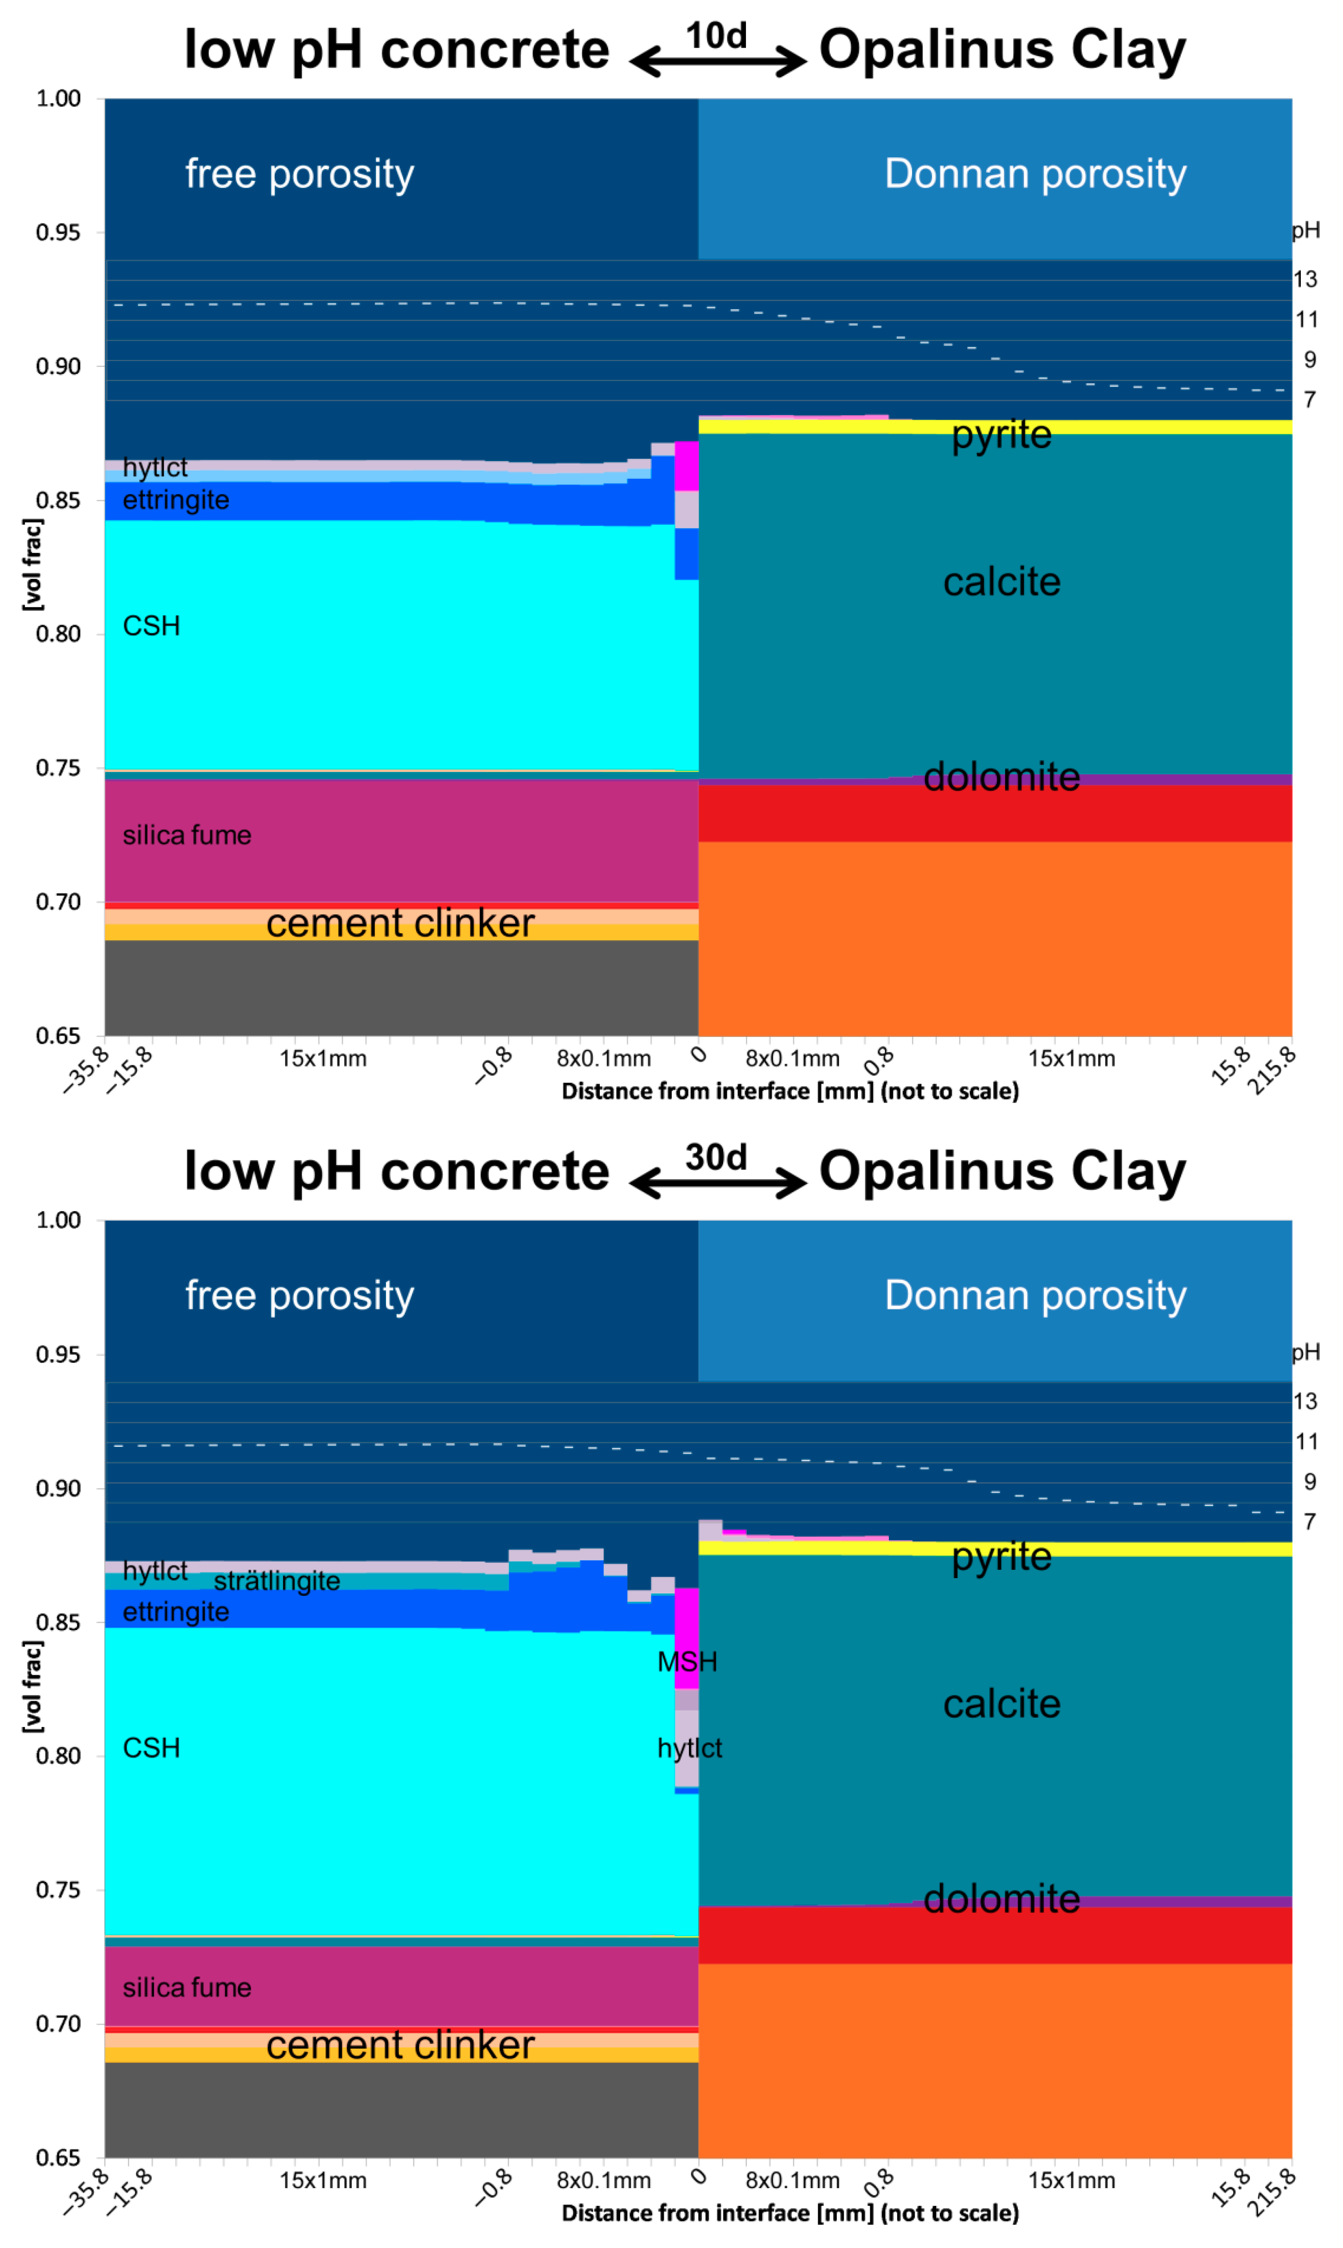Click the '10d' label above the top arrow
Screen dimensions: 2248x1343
716,36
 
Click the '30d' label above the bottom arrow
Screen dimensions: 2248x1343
716,1157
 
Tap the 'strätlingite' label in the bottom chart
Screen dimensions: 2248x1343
277,1581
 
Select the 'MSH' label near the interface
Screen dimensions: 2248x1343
687,1662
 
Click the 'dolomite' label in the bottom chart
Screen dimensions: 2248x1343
1001,1899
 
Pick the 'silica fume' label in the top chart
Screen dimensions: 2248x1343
186,835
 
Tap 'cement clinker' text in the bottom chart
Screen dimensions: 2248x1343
400,2045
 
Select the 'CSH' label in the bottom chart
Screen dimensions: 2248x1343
151,1747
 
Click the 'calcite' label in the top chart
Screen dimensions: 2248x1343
1001,582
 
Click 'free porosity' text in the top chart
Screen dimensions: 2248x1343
300,174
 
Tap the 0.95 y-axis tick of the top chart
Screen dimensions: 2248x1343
58,232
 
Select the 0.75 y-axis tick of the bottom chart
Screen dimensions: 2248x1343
58,1889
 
